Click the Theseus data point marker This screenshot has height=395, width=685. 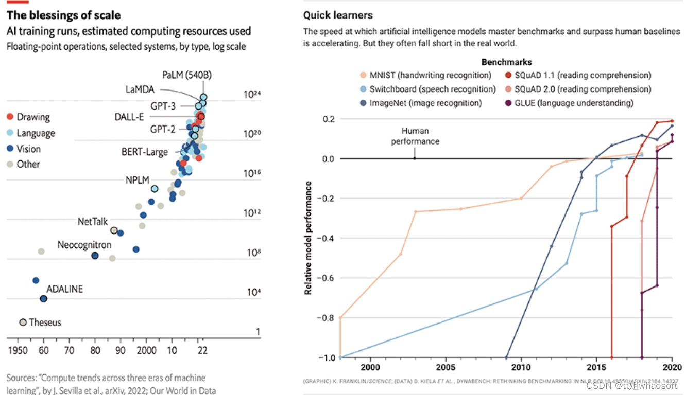(x=23, y=322)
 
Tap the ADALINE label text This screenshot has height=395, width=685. (x=64, y=289)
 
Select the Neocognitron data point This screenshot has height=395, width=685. (x=95, y=256)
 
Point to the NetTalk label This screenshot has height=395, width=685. (x=93, y=222)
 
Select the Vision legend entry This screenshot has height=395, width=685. (x=28, y=149)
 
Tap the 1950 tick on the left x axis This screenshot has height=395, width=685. (x=18, y=351)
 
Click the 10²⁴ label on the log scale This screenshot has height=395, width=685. (x=252, y=94)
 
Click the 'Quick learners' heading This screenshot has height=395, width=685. (x=338, y=15)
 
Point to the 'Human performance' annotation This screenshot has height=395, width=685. (x=415, y=136)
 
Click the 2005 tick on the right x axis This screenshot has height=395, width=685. (x=446, y=367)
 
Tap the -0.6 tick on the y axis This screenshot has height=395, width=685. (x=326, y=278)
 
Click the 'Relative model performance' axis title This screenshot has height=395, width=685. (x=308, y=238)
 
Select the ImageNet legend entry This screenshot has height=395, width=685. (x=420, y=103)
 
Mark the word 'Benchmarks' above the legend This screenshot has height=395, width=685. (x=506, y=62)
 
